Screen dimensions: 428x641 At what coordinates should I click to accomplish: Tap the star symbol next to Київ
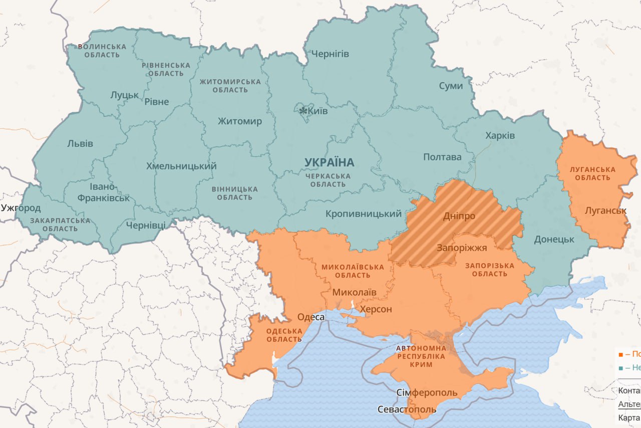pyautogui.click(x=302, y=110)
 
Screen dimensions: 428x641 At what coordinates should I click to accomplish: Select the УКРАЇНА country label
pyautogui.click(x=329, y=162)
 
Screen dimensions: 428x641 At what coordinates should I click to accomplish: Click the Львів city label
pyautogui.click(x=80, y=144)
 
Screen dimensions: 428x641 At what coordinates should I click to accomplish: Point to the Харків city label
pyautogui.click(x=500, y=136)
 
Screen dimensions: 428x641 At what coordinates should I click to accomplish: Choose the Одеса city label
pyautogui.click(x=311, y=317)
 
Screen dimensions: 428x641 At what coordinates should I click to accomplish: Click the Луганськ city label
pyautogui.click(x=605, y=210)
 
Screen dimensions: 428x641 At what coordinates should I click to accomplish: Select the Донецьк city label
pyautogui.click(x=554, y=239)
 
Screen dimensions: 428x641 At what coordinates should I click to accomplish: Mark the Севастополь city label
pyautogui.click(x=407, y=409)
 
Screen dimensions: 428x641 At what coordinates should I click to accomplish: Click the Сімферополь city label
pyautogui.click(x=427, y=392)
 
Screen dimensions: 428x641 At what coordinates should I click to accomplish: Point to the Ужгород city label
pyautogui.click(x=21, y=207)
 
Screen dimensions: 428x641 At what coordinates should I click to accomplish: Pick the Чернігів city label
pyautogui.click(x=330, y=54)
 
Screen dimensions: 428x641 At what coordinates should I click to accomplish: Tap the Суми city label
pyautogui.click(x=451, y=86)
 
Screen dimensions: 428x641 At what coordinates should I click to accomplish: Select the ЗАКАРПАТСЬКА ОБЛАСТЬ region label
pyautogui.click(x=60, y=225)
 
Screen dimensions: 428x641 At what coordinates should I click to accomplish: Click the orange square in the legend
pyautogui.click(x=621, y=354)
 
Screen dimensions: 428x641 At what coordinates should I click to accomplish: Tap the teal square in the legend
pyautogui.click(x=621, y=368)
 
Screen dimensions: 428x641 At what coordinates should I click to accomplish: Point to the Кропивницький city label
pyautogui.click(x=364, y=214)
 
